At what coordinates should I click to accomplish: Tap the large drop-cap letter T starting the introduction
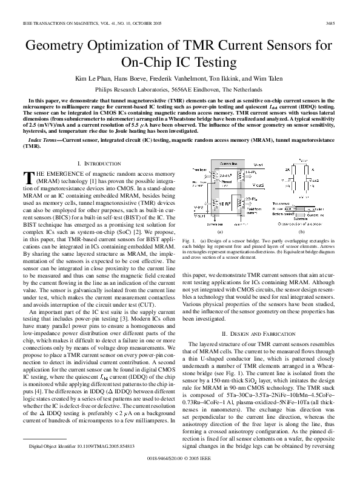pyautogui.click(x=27, y=177)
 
